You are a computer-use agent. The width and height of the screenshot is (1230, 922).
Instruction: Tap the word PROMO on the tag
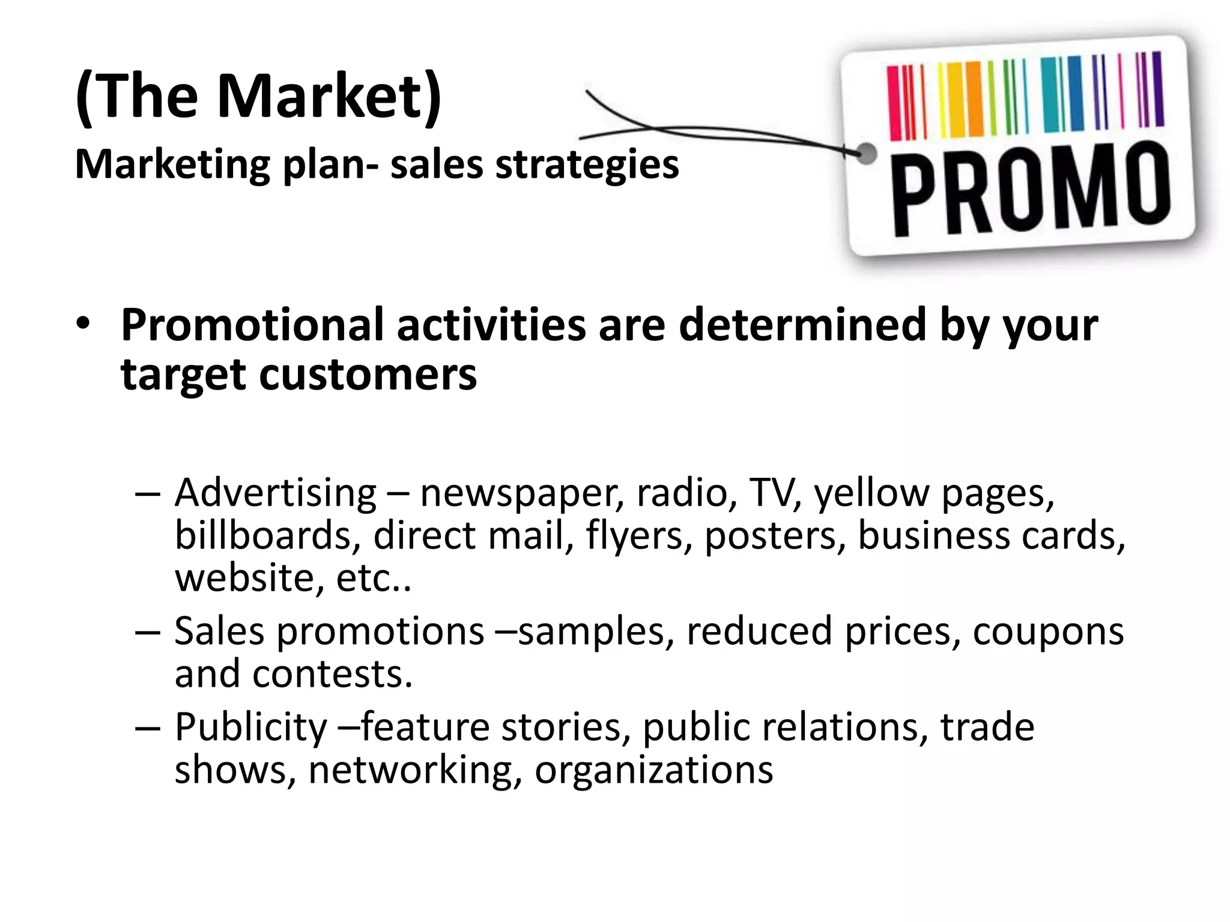coord(1029,189)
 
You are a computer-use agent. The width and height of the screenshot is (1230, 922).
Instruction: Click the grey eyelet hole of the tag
coord(865,154)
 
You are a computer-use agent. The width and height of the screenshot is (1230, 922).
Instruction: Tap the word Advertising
coord(276,493)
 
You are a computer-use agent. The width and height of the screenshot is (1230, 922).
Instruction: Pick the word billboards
coord(264,535)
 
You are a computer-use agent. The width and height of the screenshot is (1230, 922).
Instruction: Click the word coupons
coord(1048,632)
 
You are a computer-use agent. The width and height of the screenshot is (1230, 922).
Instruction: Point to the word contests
coord(333,674)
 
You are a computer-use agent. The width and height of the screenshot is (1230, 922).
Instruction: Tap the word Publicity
coord(251,728)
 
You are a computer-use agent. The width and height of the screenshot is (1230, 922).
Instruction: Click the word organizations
coord(653,770)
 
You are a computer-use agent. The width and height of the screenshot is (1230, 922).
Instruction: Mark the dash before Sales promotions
coord(148,633)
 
